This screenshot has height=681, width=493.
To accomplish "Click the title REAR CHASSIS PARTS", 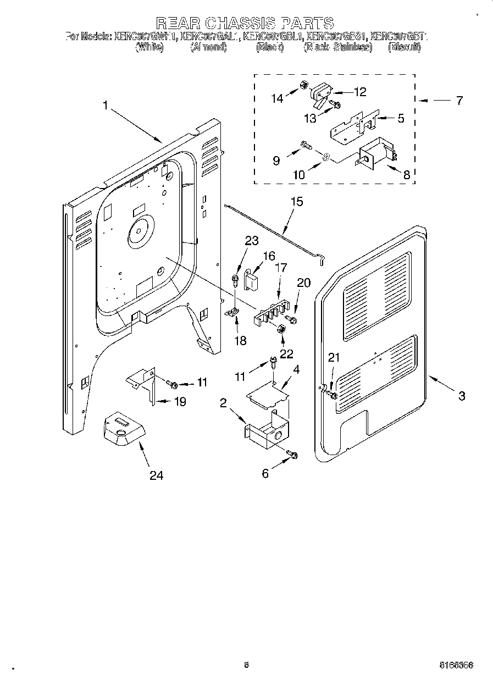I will pos(245,23).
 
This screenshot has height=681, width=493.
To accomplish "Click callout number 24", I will pos(156,475).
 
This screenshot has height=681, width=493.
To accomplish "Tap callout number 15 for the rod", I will pos(296,202).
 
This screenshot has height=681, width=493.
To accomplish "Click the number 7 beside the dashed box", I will pos(459,101).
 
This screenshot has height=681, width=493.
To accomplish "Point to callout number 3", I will pos(462,395).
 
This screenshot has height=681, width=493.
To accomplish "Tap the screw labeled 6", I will pos(293,455).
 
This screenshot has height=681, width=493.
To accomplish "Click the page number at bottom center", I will pos(246,665).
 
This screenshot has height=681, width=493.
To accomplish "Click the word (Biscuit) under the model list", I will pos(404,48).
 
